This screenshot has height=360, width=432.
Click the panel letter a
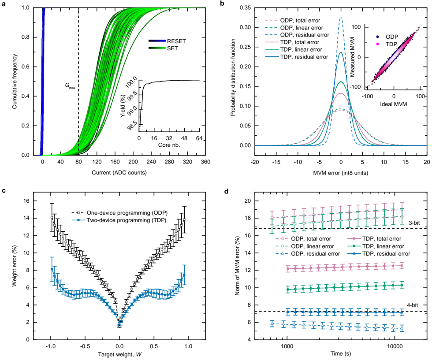pos(4,4)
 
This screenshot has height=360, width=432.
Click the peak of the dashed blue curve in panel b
pos(341,18)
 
